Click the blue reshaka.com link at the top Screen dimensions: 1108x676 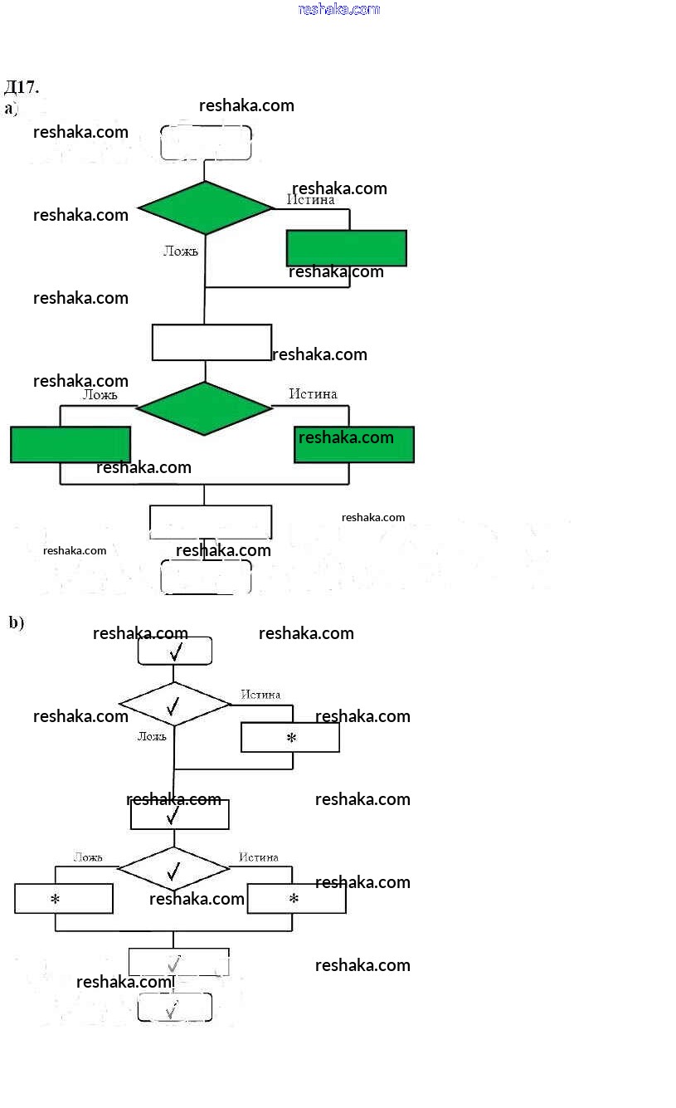pyautogui.click(x=338, y=9)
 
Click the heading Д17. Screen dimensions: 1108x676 pyautogui.click(x=22, y=87)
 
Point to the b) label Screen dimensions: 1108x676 pyautogui.click(x=17, y=622)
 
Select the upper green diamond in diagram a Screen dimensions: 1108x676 pyautogui.click(x=205, y=207)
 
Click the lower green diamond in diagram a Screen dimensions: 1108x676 pyautogui.click(x=204, y=408)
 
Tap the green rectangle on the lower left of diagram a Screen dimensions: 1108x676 pyautogui.click(x=71, y=444)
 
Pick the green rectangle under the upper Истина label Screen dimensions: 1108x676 pyautogui.click(x=347, y=248)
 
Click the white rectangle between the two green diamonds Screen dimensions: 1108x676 pyautogui.click(x=212, y=342)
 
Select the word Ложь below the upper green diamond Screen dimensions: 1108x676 pyautogui.click(x=181, y=251)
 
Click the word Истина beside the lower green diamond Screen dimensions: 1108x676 pyautogui.click(x=313, y=393)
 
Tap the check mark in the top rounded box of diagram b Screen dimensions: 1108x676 pyautogui.click(x=175, y=652)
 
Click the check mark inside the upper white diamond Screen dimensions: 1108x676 pyautogui.click(x=173, y=706)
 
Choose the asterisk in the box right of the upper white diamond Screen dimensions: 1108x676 pyautogui.click(x=291, y=737)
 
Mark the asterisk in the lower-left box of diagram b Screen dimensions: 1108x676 pyautogui.click(x=56, y=899)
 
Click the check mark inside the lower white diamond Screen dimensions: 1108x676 pyautogui.click(x=173, y=871)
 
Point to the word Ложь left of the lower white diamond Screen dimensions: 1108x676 pyautogui.click(x=88, y=857)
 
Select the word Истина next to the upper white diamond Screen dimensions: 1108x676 pyautogui.click(x=260, y=695)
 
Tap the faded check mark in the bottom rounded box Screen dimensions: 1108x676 pyautogui.click(x=173, y=1010)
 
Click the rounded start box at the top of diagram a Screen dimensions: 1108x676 pyautogui.click(x=206, y=142)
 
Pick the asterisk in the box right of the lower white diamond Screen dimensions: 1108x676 pyautogui.click(x=294, y=899)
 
